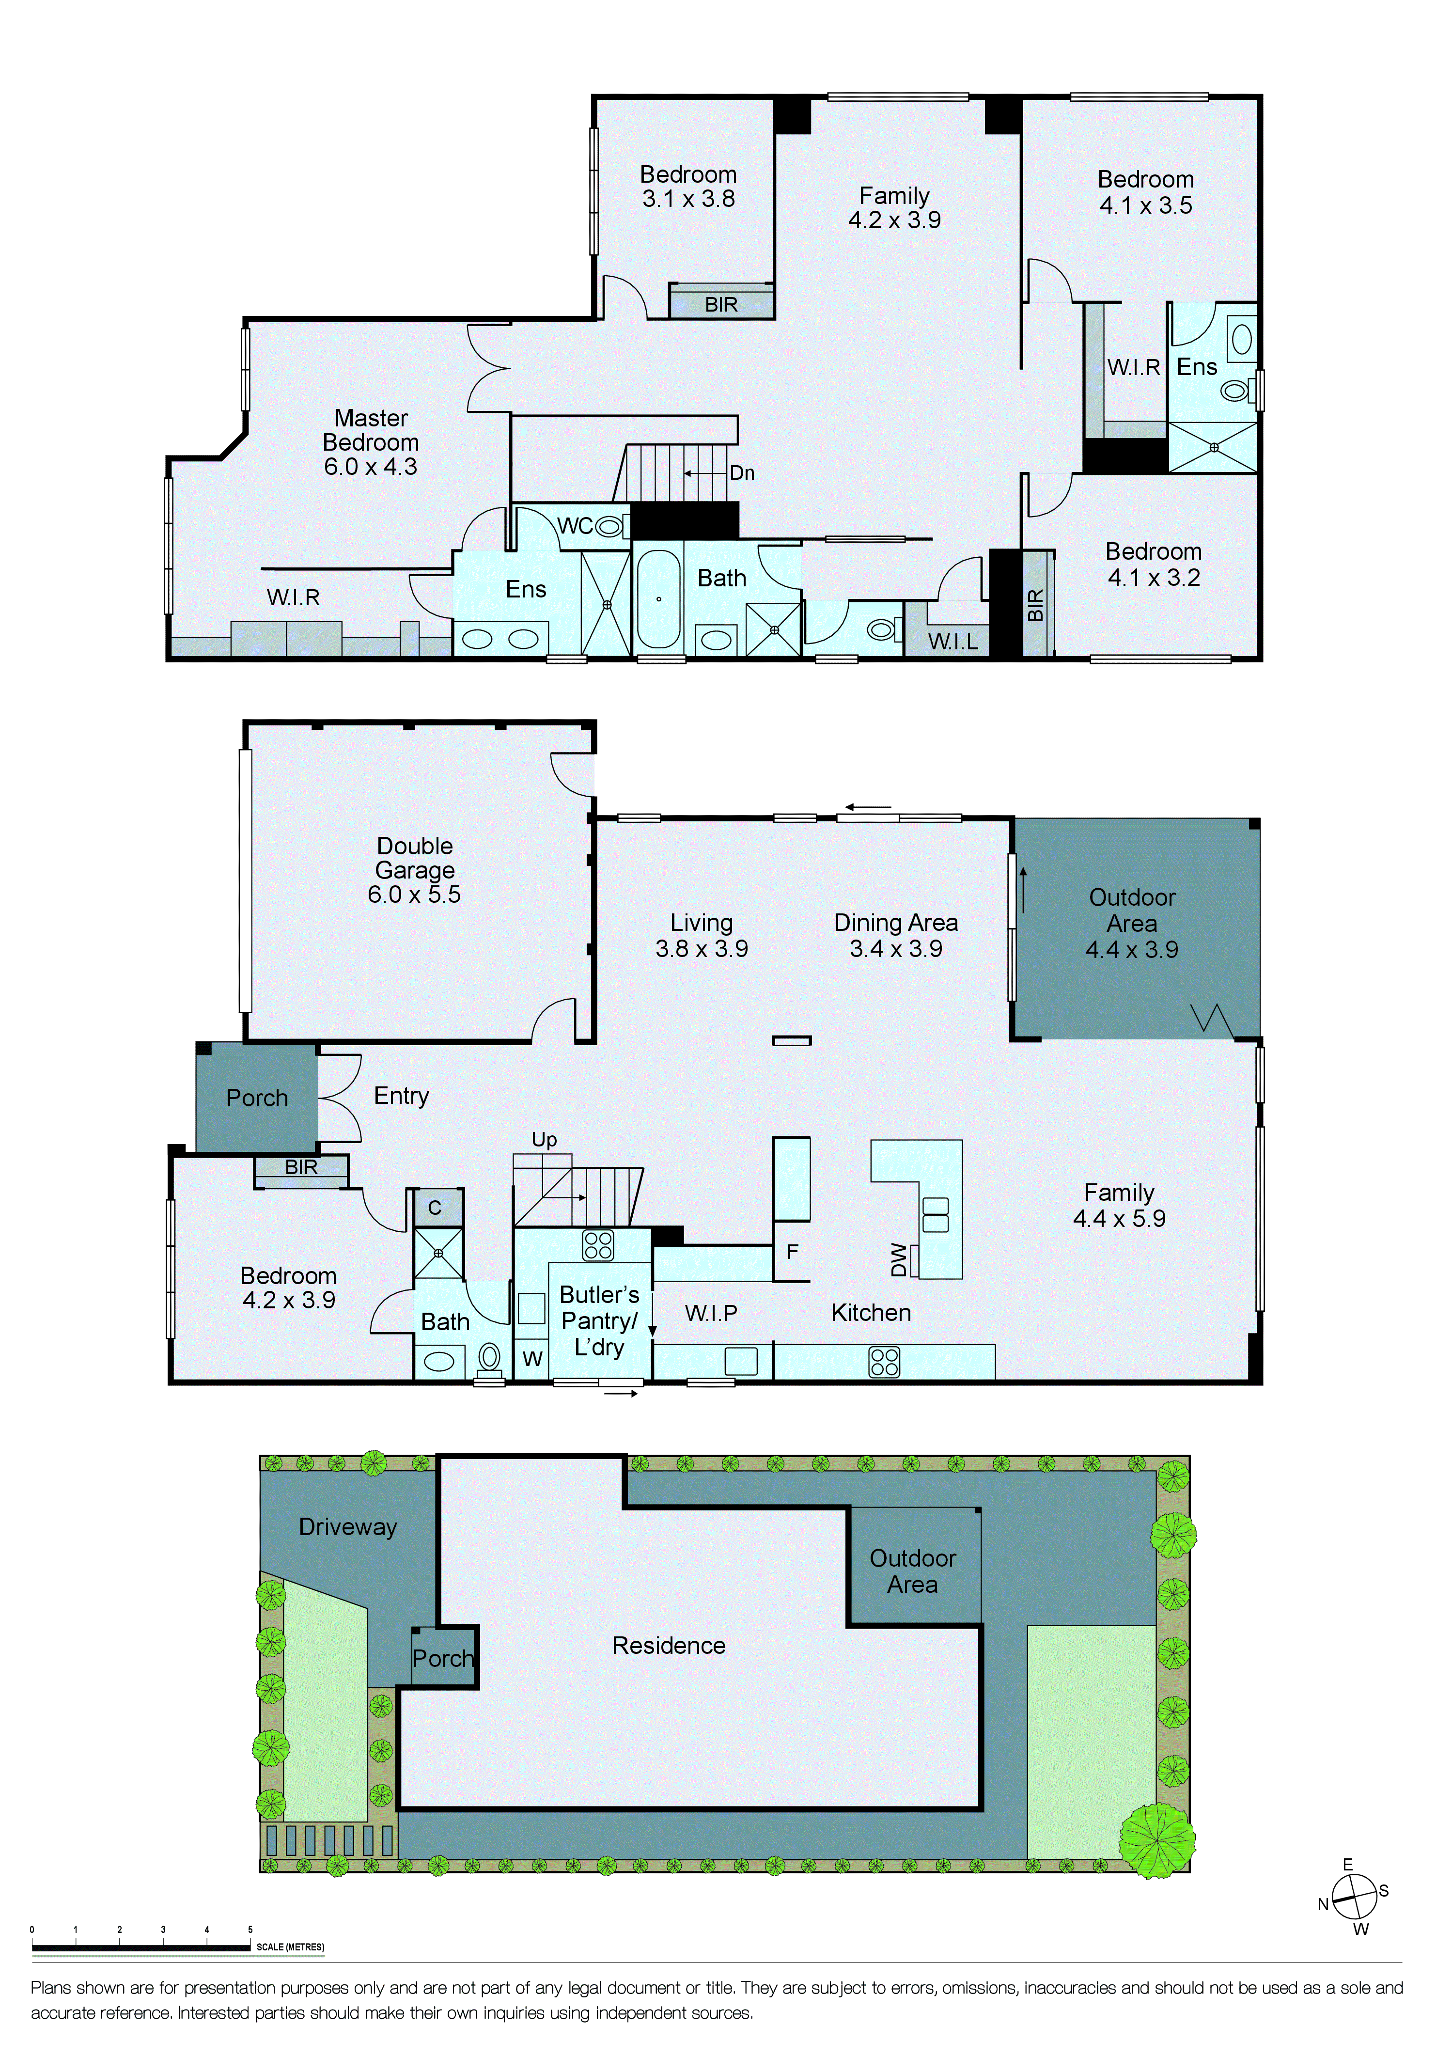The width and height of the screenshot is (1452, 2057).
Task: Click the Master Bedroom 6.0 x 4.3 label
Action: [x=370, y=442]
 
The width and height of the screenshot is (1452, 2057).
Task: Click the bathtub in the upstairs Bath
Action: [x=658, y=598]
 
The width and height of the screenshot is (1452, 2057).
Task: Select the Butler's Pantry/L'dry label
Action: [x=599, y=1320]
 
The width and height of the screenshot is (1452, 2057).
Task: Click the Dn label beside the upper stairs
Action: [x=742, y=473]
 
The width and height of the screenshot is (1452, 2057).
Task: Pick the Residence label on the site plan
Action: [x=668, y=1645]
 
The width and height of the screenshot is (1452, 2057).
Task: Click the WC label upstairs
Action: [x=575, y=526]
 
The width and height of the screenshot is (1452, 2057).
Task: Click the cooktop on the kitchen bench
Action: [x=884, y=1362]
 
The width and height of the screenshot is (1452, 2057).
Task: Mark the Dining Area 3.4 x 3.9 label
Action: [x=896, y=935]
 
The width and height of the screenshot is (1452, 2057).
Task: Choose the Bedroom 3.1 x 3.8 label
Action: [x=688, y=187]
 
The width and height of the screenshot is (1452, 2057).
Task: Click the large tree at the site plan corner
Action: [x=1157, y=1840]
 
